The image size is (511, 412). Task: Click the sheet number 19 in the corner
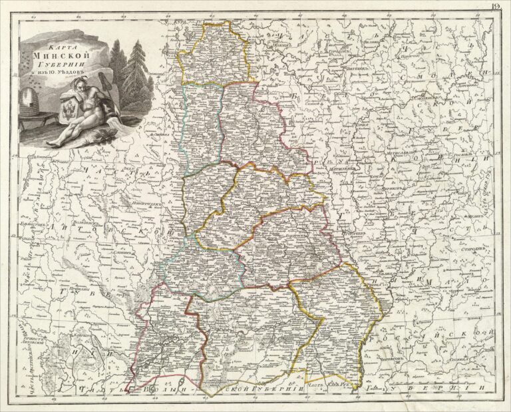[497, 7]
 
